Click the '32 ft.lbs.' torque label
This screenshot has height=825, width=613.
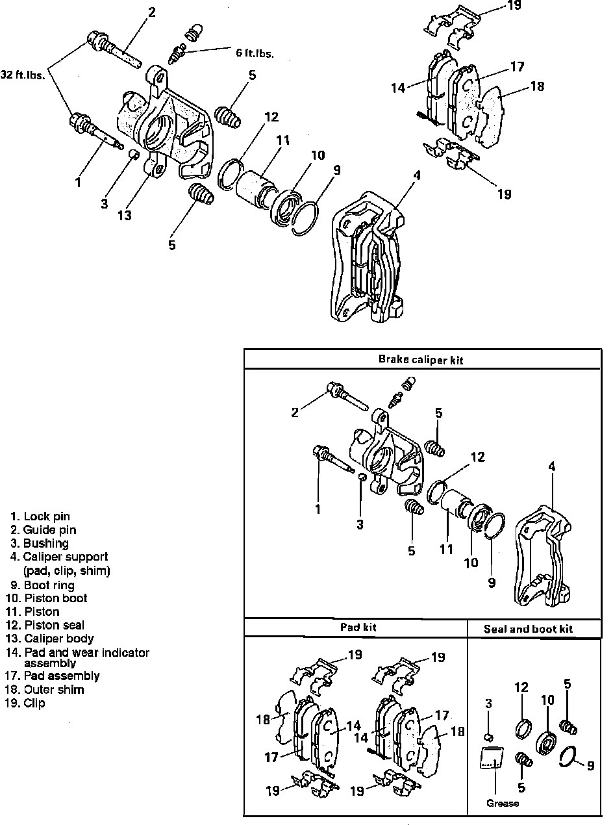[x=23, y=75]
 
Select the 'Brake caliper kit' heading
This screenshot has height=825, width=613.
[x=421, y=359]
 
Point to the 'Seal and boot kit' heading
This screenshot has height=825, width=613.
[x=528, y=629]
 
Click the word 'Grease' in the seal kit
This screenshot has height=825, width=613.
[x=503, y=803]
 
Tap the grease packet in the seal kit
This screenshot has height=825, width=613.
[x=494, y=759]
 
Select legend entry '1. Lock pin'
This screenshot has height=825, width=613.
[x=40, y=517]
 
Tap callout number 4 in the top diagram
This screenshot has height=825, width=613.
[x=417, y=175]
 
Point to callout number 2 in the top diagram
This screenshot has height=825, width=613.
[x=151, y=12]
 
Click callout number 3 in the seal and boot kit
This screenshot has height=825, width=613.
[x=488, y=704]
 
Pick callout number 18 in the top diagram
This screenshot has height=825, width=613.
[x=536, y=86]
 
